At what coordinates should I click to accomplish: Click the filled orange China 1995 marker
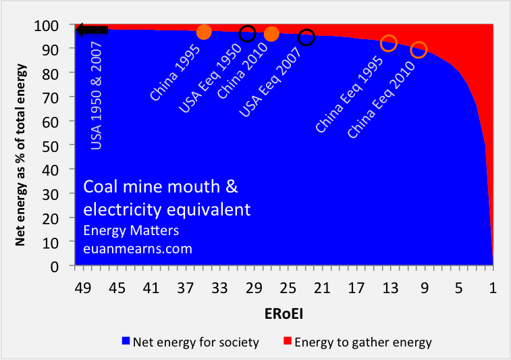tap(204, 32)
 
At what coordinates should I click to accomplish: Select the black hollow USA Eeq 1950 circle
tap(247, 34)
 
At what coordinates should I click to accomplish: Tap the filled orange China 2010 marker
tap(271, 34)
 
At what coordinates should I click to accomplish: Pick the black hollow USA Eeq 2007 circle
tap(306, 37)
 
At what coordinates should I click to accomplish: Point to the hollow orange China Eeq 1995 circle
tap(389, 44)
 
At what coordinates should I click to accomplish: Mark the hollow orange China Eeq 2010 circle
tap(419, 50)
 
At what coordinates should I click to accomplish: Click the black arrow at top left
tap(92, 30)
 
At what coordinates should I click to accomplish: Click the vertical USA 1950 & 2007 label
tap(97, 95)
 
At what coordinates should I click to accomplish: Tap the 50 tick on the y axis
tap(59, 145)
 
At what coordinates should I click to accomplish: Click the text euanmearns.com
tap(138, 249)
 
